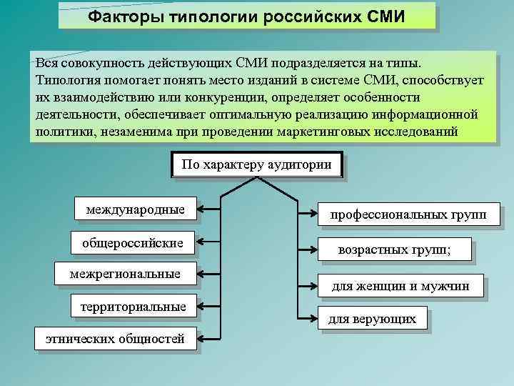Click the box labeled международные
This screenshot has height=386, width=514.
click(x=135, y=210)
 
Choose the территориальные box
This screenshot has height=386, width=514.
click(x=133, y=307)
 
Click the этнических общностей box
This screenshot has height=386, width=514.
click(x=115, y=339)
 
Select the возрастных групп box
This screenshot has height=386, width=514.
click(x=404, y=249)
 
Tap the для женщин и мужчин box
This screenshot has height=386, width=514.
click(x=400, y=287)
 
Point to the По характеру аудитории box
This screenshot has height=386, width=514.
click(x=257, y=165)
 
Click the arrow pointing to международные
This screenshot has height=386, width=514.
click(x=209, y=210)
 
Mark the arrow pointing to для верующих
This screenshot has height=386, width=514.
click(x=307, y=317)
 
